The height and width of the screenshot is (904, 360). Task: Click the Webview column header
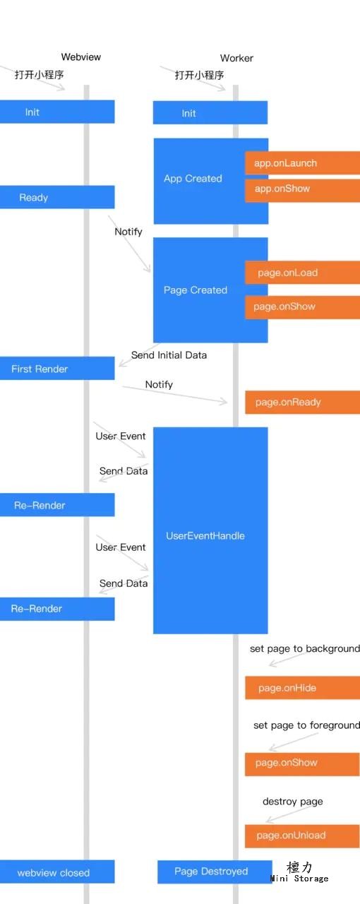tap(80, 57)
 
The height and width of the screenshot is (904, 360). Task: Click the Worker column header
tap(236, 58)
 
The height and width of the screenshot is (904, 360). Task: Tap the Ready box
tap(57, 197)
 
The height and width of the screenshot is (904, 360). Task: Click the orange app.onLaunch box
tap(302, 163)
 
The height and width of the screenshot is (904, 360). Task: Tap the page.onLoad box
tap(302, 273)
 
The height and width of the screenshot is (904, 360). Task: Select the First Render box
tap(57, 368)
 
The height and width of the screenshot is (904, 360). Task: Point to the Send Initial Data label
tap(169, 355)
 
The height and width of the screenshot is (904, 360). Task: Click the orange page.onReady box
tap(302, 403)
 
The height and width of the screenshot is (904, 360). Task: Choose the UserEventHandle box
tap(210, 530)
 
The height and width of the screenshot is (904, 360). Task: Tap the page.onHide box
tap(302, 688)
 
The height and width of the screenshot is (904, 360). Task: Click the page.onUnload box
tap(302, 836)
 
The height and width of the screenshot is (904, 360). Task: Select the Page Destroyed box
tap(215, 872)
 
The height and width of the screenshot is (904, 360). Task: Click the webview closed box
tap(57, 872)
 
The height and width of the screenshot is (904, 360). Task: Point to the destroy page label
tap(293, 802)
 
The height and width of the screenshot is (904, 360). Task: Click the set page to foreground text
tap(306, 725)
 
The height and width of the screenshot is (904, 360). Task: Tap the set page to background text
tap(305, 648)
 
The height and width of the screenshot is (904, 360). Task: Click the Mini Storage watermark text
tap(299, 878)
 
